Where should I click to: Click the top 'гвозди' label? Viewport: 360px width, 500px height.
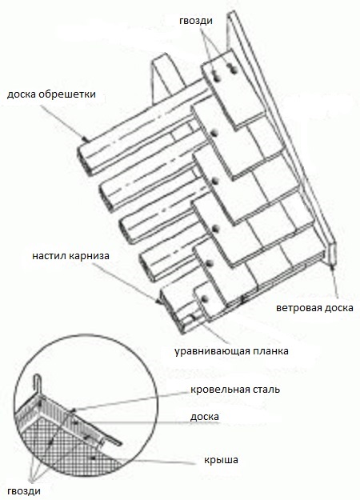pos(196,21)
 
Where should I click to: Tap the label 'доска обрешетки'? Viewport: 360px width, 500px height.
pos(51,94)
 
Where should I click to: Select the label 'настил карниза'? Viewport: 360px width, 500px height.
pos(70,256)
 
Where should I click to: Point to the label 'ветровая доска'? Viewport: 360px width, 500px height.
pos(314,308)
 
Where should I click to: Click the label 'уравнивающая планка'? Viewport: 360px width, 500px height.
pos(231,351)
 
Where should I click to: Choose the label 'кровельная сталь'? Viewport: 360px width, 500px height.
pos(235,390)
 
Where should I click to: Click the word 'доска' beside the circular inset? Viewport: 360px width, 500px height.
pos(204,417)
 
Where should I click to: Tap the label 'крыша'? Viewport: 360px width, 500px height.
pos(221,460)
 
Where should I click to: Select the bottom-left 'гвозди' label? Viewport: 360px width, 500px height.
pos(24,490)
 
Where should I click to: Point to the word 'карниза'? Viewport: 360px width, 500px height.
pos(90,256)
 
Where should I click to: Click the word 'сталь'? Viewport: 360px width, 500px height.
pos(264,390)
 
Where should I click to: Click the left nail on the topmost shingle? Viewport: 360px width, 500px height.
pos(217,77)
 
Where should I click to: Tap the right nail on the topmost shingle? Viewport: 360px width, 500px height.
pos(233,69)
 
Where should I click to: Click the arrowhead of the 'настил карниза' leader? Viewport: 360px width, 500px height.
pos(158,300)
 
